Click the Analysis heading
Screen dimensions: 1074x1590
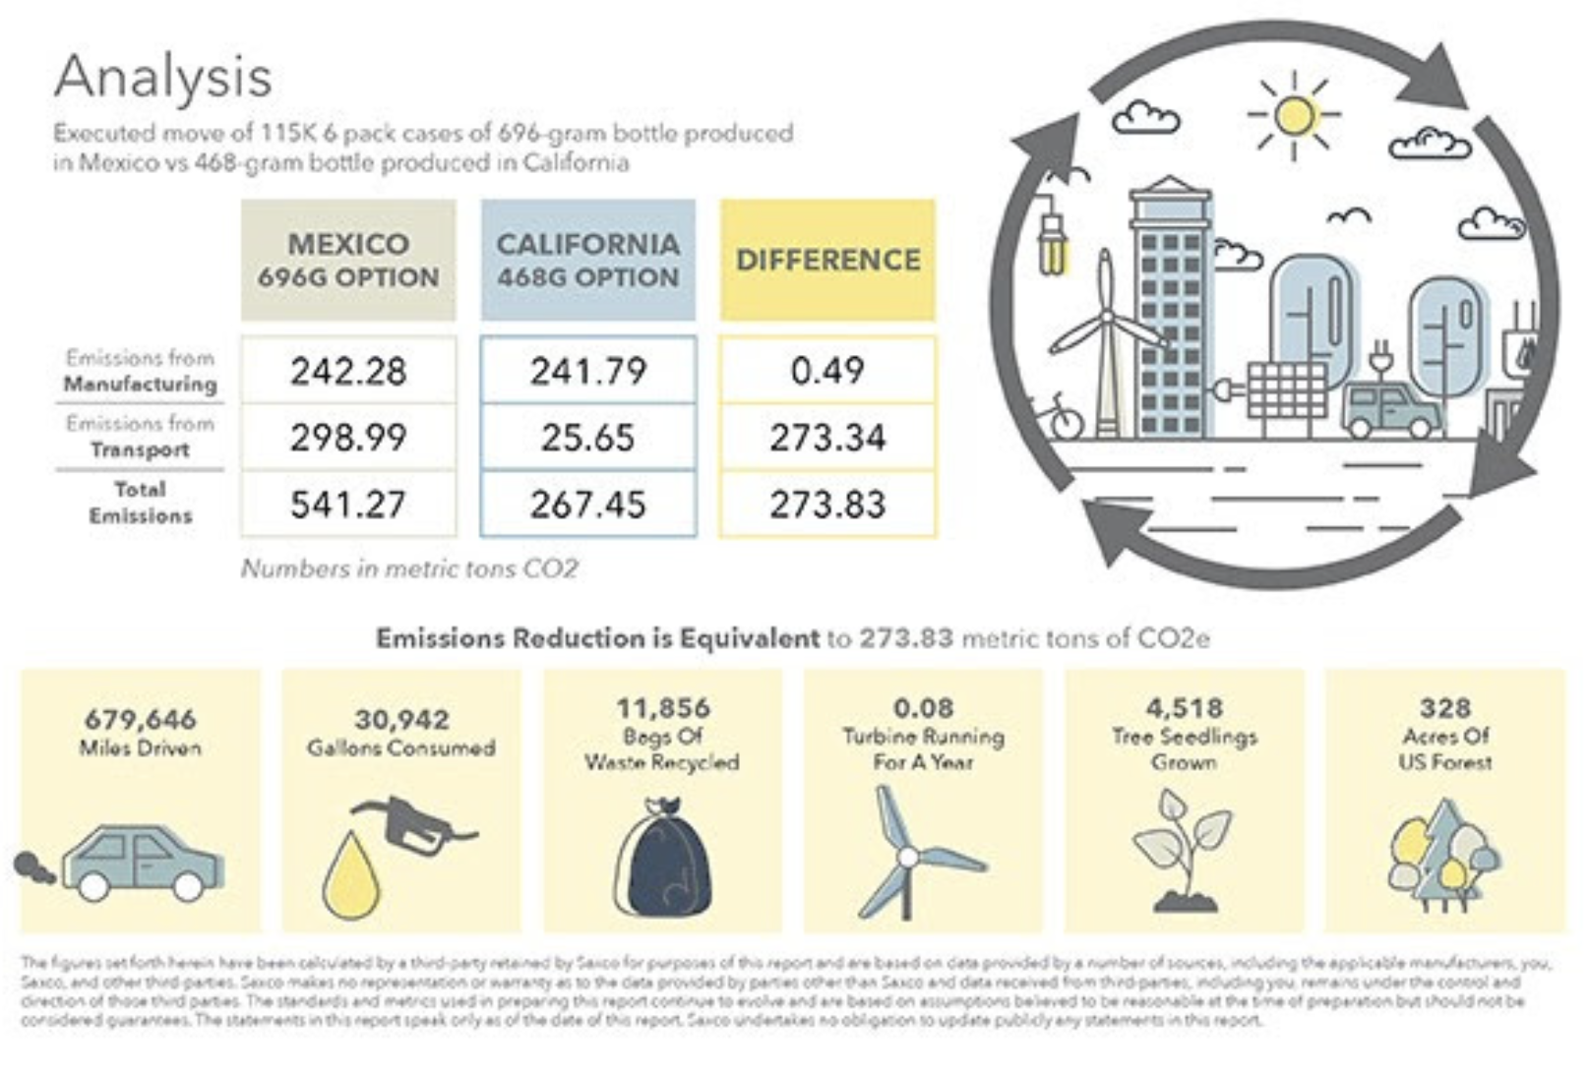pyautogui.click(x=163, y=77)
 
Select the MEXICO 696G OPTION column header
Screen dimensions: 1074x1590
pyautogui.click(x=348, y=260)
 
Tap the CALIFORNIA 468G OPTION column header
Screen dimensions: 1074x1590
pyautogui.click(x=587, y=260)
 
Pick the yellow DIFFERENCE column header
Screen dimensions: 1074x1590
pyautogui.click(x=827, y=260)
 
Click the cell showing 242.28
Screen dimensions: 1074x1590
pyautogui.click(x=348, y=371)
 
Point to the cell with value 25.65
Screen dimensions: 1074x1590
pyautogui.click(x=587, y=438)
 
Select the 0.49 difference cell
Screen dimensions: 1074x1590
pyautogui.click(x=827, y=371)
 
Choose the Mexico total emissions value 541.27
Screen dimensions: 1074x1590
pyautogui.click(x=348, y=505)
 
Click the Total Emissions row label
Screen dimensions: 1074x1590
pyautogui.click(x=141, y=503)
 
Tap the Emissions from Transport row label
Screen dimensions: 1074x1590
pyautogui.click(x=141, y=437)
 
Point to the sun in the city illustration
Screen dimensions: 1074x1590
pyautogui.click(x=1294, y=115)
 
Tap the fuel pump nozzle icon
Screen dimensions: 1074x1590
pyautogui.click(x=413, y=826)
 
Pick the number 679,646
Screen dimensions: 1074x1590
pyautogui.click(x=141, y=719)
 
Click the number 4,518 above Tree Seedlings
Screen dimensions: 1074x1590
pyautogui.click(x=1185, y=707)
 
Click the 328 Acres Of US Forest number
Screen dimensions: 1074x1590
pyautogui.click(x=1444, y=707)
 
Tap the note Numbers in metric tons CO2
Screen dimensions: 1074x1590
pyautogui.click(x=409, y=568)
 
